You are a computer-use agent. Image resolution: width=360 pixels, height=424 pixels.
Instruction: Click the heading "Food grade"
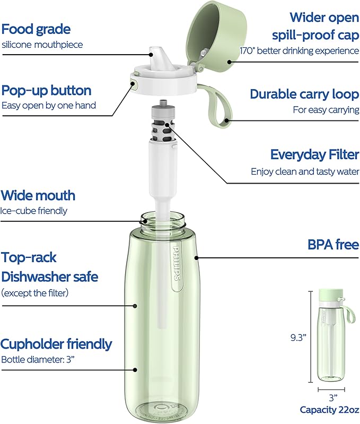(x=36, y=29)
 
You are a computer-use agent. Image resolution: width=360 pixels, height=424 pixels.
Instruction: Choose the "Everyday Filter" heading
(x=314, y=154)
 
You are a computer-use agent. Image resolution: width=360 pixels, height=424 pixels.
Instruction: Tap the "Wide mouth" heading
(x=38, y=195)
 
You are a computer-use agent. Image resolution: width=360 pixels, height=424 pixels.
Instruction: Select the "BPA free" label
(x=333, y=245)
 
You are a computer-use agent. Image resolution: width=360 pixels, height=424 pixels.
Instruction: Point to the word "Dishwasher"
(x=49, y=276)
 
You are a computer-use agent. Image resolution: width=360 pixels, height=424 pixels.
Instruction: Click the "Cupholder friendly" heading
(x=56, y=344)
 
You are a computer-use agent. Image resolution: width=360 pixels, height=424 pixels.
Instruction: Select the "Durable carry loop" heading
(x=304, y=94)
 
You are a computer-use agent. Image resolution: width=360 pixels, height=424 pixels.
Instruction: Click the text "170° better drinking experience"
(x=305, y=51)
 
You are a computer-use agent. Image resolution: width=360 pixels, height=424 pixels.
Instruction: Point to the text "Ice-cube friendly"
(x=34, y=211)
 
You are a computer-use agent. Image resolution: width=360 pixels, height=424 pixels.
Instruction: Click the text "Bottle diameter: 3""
(x=38, y=359)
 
